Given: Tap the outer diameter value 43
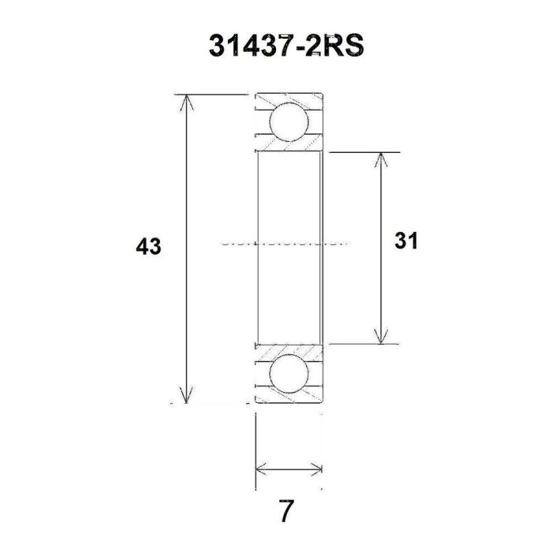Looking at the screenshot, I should click(148, 247).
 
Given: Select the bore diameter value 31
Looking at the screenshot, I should click(405, 241).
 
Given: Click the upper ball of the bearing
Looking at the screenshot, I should click(287, 122).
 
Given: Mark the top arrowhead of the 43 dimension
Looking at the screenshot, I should click(186, 101).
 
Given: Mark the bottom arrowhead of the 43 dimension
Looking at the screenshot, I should click(186, 396).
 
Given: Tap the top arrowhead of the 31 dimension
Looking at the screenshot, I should click(382, 158).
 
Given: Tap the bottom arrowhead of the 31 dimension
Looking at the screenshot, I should click(382, 337).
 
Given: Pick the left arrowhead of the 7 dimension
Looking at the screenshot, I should click(261, 469).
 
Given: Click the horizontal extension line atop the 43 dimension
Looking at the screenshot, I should click(213, 94).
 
